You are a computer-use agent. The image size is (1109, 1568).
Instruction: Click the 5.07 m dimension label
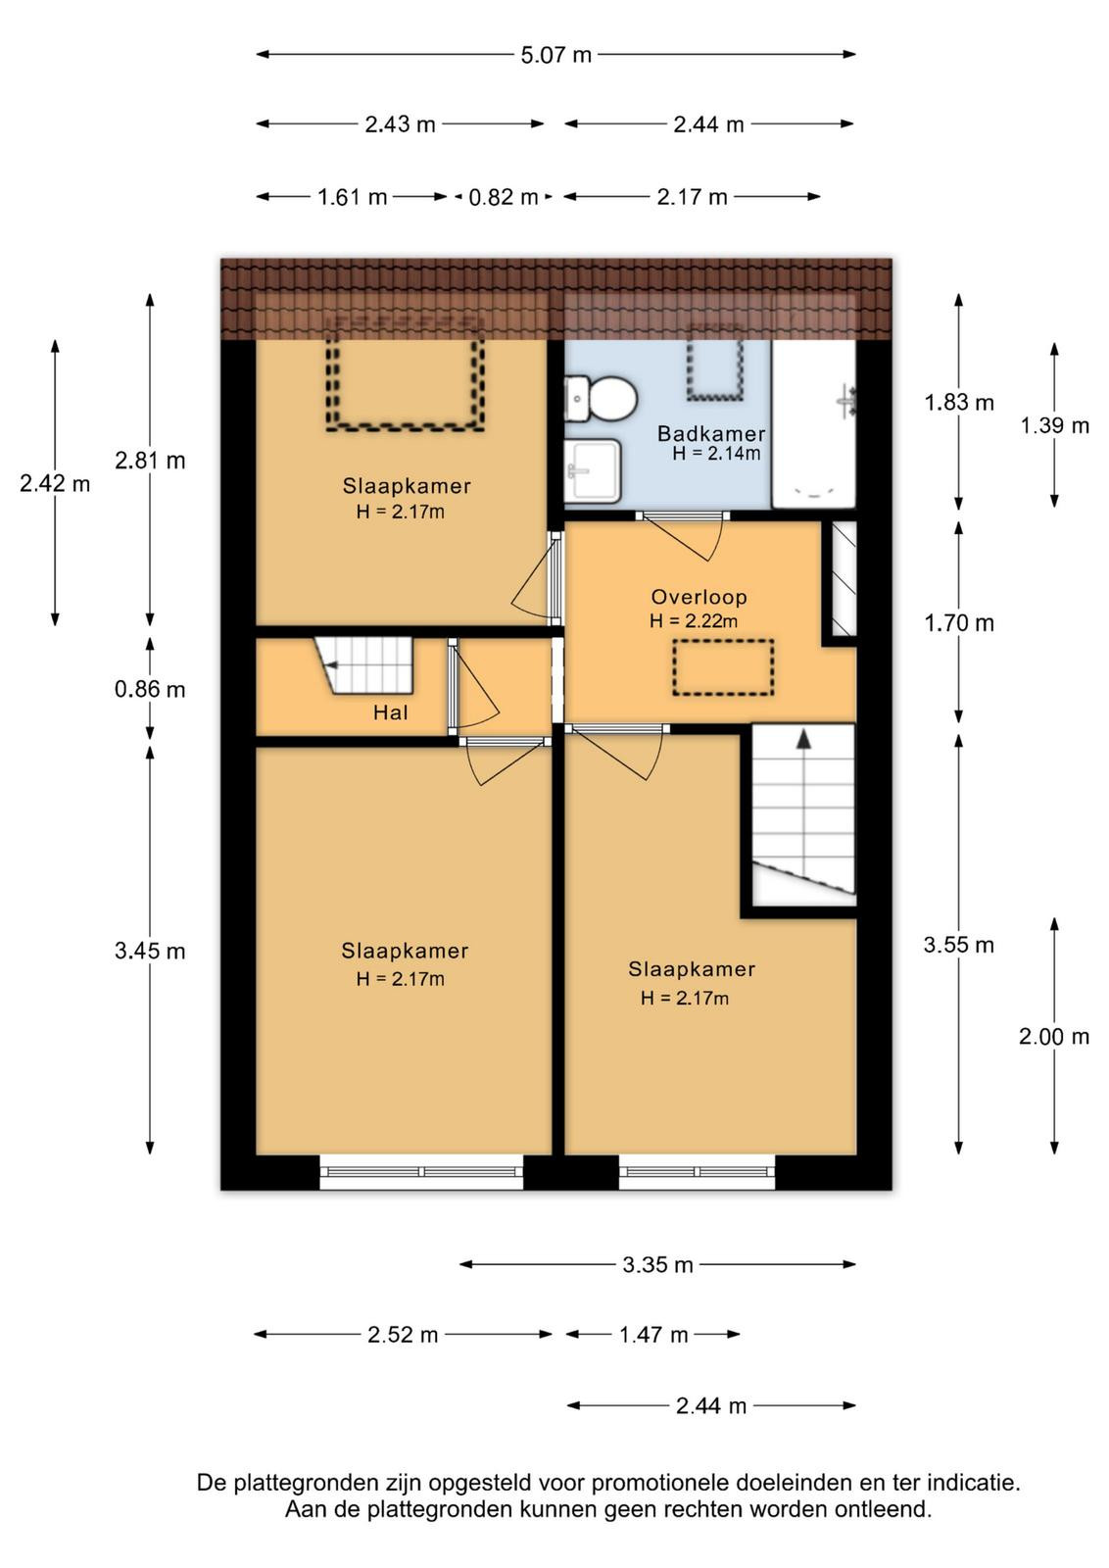tap(555, 55)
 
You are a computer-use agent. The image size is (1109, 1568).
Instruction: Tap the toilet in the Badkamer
tap(601, 398)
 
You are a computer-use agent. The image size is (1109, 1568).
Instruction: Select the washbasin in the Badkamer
tap(593, 470)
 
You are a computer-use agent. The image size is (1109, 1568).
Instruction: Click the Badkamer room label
tap(711, 433)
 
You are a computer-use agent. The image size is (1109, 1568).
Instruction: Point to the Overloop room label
tap(699, 597)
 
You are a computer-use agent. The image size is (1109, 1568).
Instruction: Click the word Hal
tap(391, 712)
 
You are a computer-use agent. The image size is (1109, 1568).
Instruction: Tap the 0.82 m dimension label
tap(504, 197)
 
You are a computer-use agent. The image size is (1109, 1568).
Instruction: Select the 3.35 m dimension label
tap(657, 1265)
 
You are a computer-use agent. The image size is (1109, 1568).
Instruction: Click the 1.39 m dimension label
tap(1054, 425)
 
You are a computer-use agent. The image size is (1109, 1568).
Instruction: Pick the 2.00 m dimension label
tap(1054, 1037)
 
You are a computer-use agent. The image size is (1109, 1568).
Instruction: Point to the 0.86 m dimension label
tap(150, 690)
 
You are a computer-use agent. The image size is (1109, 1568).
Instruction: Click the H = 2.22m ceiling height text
tap(694, 621)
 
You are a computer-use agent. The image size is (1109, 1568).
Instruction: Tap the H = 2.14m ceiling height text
tap(716, 454)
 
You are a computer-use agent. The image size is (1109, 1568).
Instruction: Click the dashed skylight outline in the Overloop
tap(723, 641)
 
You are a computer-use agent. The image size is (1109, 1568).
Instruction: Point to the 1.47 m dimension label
tap(653, 1335)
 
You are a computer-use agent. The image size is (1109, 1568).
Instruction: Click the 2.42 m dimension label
tap(55, 484)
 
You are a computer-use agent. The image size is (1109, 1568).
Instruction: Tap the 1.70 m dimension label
tap(958, 623)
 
